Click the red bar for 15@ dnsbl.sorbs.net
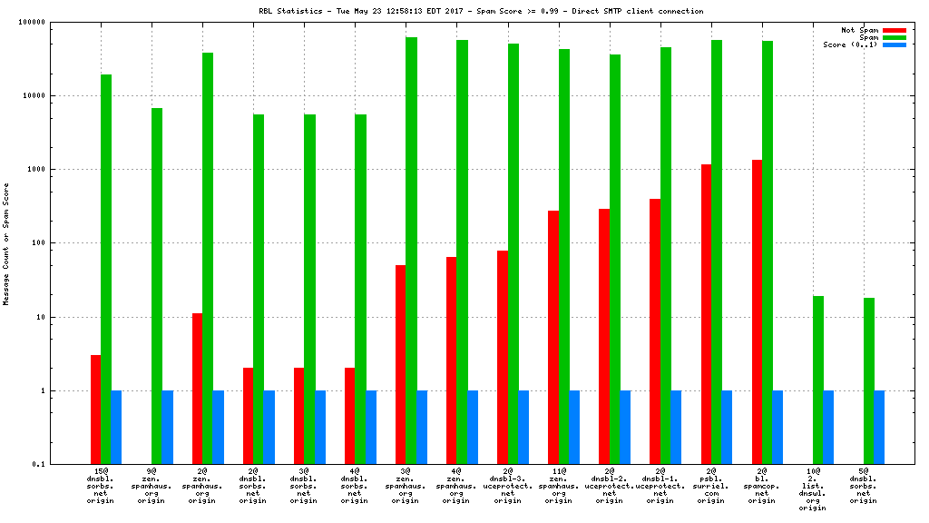(x=95, y=410)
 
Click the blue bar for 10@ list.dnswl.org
(x=828, y=428)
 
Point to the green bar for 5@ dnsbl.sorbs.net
(x=869, y=381)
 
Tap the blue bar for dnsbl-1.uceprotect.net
(x=676, y=428)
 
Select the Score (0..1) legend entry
(x=850, y=44)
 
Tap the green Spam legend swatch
(x=894, y=37)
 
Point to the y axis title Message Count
(x=6, y=243)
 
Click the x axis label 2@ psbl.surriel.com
(x=711, y=486)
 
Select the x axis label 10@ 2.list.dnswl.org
(x=813, y=490)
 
